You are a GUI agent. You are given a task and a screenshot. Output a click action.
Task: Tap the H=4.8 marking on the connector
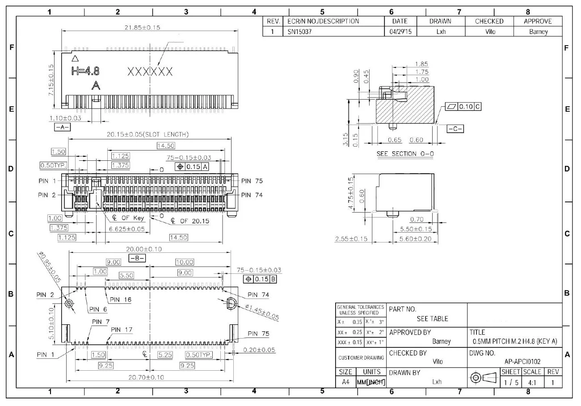click(x=86, y=71)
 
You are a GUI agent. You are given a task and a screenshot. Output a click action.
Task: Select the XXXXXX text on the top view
click(x=150, y=71)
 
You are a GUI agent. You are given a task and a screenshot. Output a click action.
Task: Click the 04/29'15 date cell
click(x=400, y=32)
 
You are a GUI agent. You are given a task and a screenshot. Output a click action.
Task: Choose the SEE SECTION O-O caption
click(x=405, y=154)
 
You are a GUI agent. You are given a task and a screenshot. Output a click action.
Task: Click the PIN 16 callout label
click(x=121, y=299)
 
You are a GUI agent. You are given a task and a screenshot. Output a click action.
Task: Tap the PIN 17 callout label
click(x=122, y=330)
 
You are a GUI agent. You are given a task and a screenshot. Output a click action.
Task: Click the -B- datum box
click(x=137, y=258)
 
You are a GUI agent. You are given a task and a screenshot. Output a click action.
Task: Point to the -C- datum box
click(x=455, y=129)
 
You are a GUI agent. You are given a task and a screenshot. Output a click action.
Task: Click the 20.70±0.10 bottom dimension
click(x=146, y=377)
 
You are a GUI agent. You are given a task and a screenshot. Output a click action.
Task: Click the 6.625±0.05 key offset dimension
click(x=127, y=229)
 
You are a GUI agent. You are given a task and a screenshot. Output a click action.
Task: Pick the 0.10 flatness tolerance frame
click(x=463, y=107)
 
